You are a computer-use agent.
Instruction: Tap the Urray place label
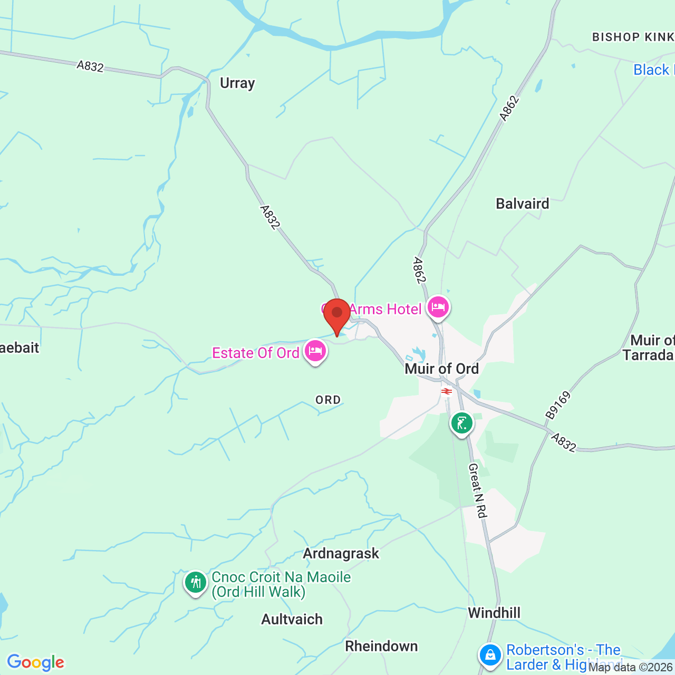coord(237,83)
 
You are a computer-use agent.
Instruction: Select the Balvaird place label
coord(522,204)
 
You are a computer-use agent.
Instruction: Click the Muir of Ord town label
coord(441,369)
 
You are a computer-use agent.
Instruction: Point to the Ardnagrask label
coord(341,553)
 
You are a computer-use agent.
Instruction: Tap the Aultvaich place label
coord(292,619)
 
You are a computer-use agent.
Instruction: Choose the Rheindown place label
coord(381,646)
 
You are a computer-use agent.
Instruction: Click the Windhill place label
coord(494,613)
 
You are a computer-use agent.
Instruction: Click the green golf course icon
coord(462,423)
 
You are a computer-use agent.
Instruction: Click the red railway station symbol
coord(447,391)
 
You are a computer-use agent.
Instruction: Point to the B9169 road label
coord(558,405)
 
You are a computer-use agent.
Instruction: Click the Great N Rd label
coord(477,490)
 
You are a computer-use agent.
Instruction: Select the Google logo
coord(35,662)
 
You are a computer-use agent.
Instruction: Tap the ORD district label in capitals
coord(328,400)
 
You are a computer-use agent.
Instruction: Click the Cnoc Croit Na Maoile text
coord(281,577)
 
